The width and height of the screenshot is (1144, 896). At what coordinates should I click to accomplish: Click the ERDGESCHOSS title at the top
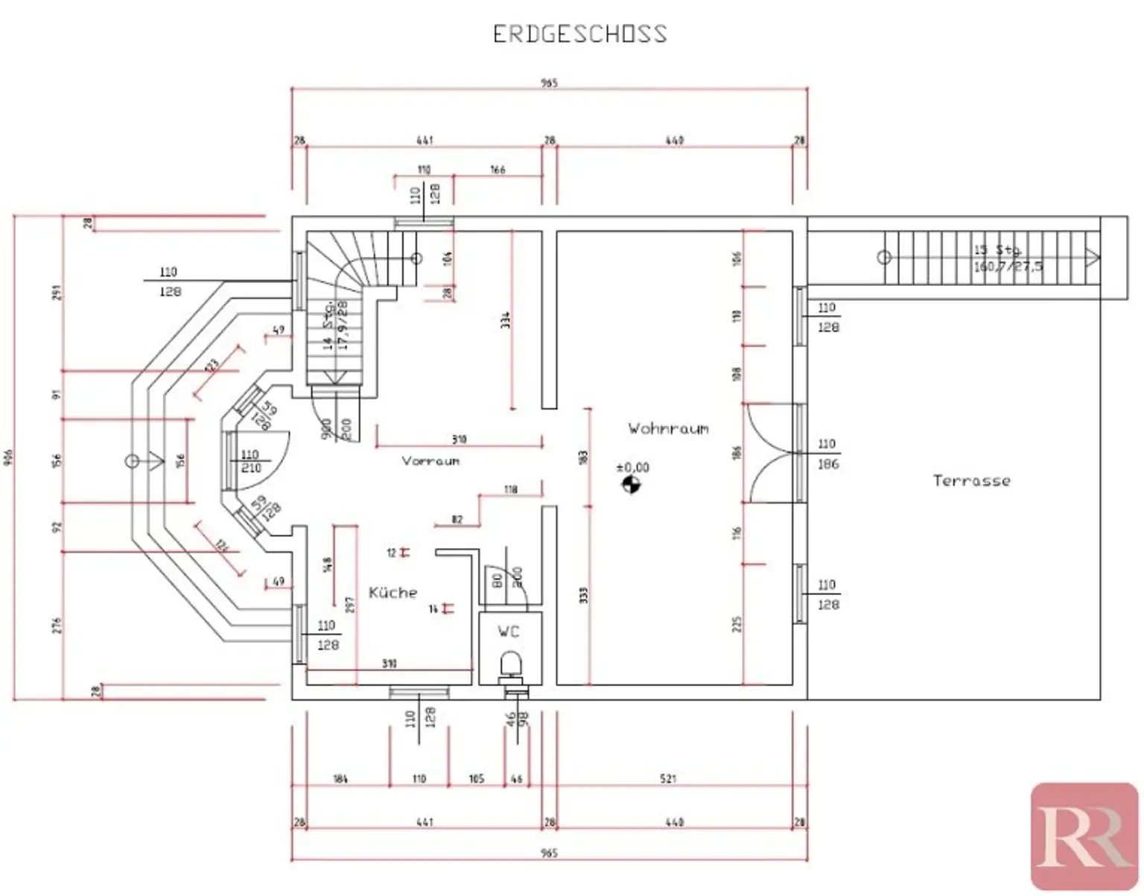(x=579, y=34)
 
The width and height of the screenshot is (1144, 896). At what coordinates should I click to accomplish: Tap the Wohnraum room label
(x=668, y=428)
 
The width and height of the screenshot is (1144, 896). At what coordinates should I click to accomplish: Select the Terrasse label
(x=971, y=480)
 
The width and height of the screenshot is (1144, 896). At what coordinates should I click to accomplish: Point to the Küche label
(x=393, y=592)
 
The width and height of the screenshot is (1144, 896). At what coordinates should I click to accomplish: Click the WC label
(x=509, y=632)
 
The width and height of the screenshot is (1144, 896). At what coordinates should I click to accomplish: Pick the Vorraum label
(x=430, y=461)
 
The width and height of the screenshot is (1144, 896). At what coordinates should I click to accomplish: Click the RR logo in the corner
(x=1084, y=836)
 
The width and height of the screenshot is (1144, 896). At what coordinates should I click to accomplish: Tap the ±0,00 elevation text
(x=632, y=467)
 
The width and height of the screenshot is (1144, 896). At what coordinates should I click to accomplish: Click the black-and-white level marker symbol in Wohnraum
(x=631, y=486)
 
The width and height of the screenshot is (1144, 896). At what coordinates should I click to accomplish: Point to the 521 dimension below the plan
(x=668, y=779)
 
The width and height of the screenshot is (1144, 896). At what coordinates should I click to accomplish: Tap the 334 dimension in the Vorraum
(x=506, y=320)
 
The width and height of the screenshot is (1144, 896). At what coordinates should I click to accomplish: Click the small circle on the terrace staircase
(x=883, y=258)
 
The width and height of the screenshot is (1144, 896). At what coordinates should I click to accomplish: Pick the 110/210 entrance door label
(x=250, y=461)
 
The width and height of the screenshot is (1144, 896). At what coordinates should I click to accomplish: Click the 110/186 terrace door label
(x=827, y=454)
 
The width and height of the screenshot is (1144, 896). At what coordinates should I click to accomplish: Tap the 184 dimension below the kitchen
(x=340, y=779)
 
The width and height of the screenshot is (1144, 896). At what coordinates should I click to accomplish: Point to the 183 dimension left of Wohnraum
(x=583, y=455)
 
